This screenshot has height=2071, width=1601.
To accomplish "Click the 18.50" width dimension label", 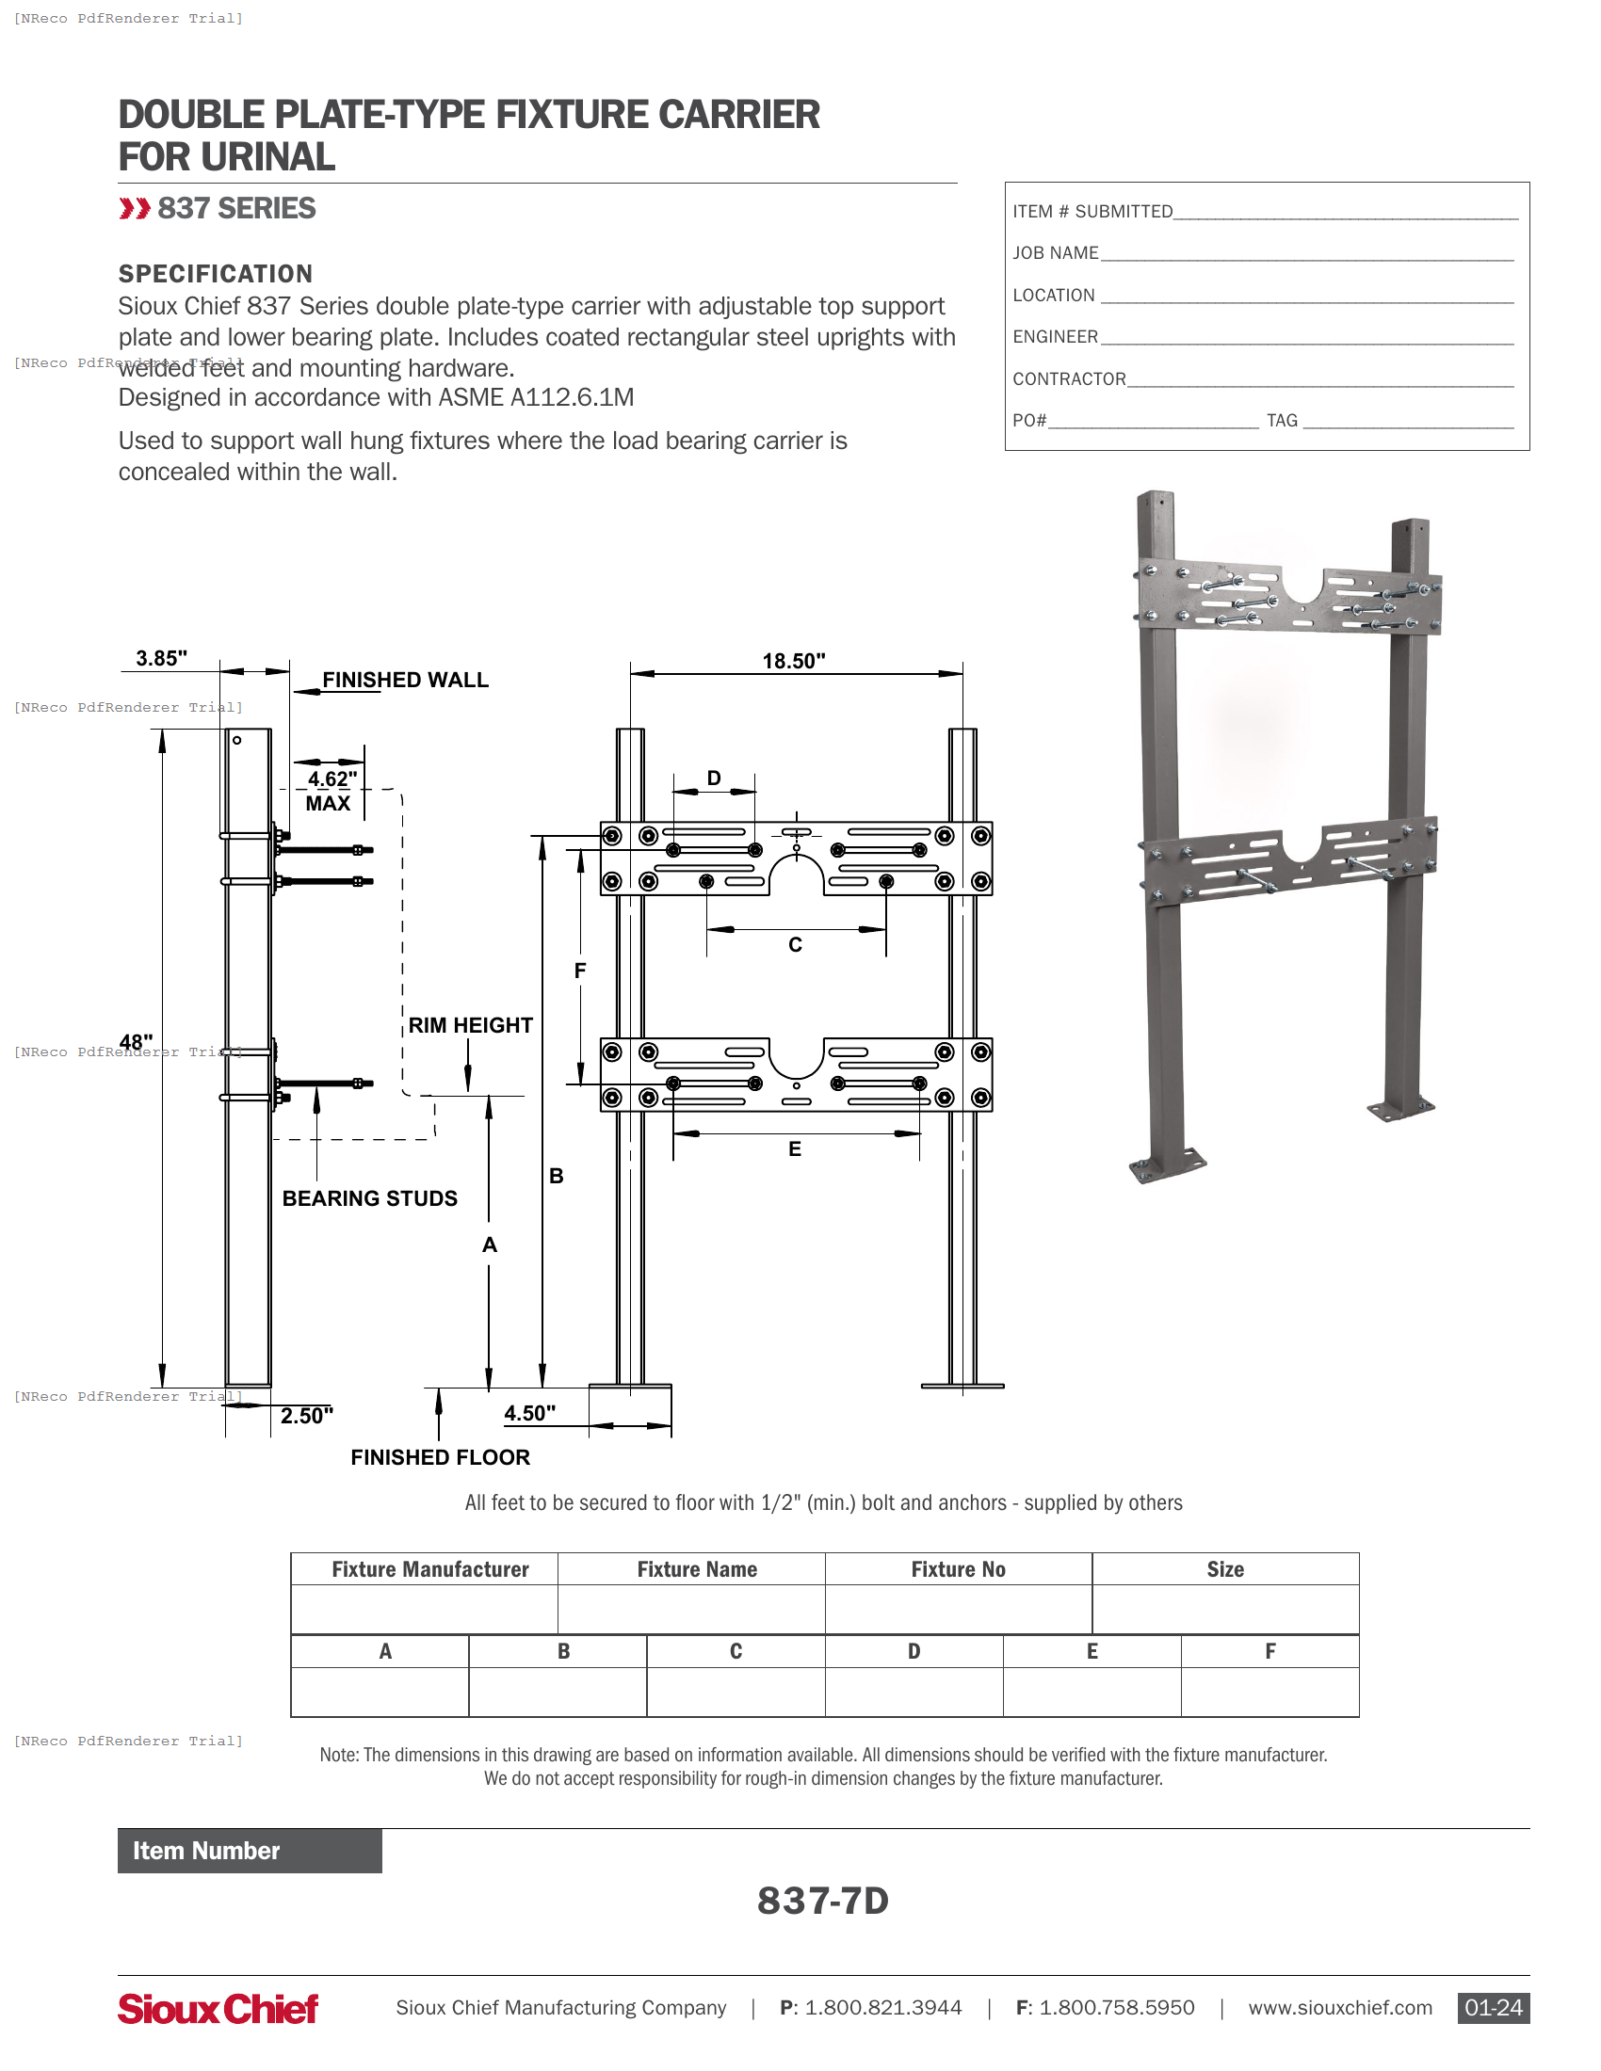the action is coord(793,661).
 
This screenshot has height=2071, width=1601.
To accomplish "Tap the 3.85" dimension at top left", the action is coord(161,658).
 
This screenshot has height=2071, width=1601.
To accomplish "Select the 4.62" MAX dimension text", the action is coord(331,791).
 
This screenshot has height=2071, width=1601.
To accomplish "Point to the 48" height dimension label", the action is coord(136,1042).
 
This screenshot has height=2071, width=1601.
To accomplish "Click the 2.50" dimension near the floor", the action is coord(306,1416).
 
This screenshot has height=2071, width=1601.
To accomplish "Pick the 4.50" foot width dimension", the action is coord(529,1413).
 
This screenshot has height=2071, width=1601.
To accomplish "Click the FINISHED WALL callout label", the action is coord(405,680).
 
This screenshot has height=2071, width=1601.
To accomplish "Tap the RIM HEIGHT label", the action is coord(471,1025).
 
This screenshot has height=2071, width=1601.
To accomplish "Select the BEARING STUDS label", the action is coord(370,1198).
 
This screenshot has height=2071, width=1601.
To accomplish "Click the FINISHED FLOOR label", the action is coord(440,1457).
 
